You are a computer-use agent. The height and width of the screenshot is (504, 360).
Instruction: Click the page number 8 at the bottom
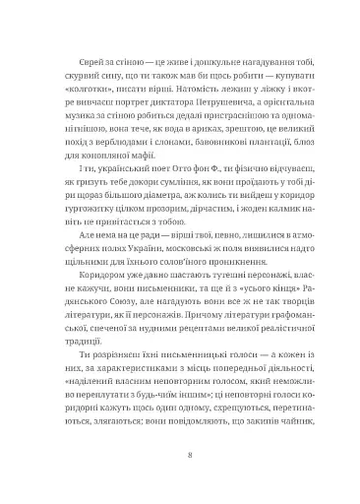pyautogui.click(x=180, y=456)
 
